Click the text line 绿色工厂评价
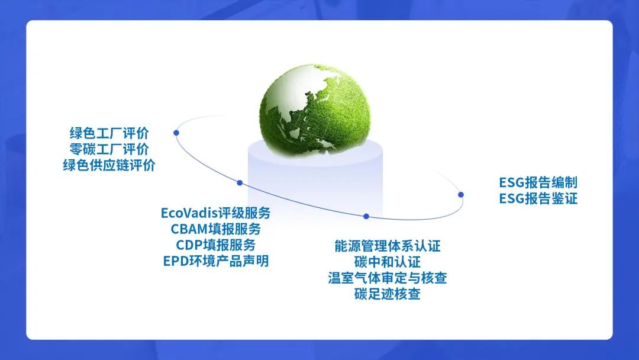tap(109, 133)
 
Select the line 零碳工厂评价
tap(109, 149)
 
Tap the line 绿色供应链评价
tap(109, 165)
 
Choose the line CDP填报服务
tap(216, 245)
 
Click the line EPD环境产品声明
tap(216, 261)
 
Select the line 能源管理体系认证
tap(388, 246)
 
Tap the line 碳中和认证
tap(388, 262)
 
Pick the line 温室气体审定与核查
tap(388, 278)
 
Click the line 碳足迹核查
tap(388, 294)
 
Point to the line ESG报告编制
tap(538, 182)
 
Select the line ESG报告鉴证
tap(538, 198)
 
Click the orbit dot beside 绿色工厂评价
tap(176, 133)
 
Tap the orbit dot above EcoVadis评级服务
tap(240, 182)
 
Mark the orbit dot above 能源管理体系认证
tap(366, 217)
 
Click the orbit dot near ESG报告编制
tap(461, 194)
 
